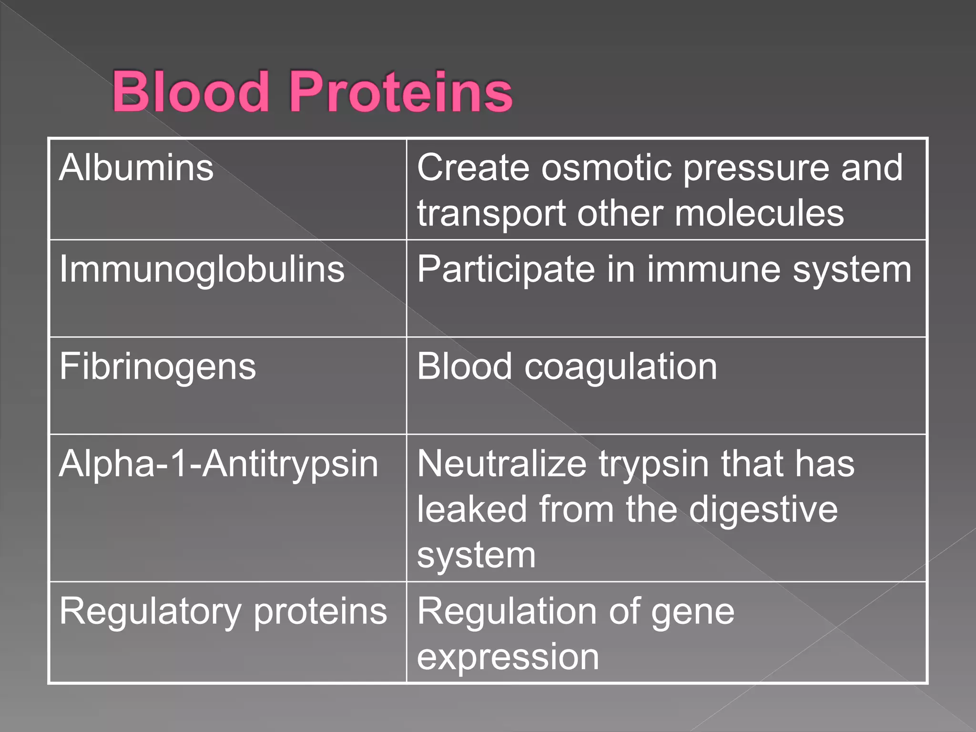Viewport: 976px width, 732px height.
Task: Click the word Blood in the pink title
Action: point(191,91)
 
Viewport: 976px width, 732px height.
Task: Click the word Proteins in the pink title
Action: point(401,91)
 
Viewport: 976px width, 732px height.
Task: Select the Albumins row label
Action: point(136,168)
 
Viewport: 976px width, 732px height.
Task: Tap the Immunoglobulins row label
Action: point(202,270)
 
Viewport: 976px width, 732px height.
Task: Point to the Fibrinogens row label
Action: point(158,367)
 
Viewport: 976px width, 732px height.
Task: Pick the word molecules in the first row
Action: point(759,213)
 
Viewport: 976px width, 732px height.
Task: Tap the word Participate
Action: point(506,270)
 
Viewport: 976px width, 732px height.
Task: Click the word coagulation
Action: point(620,367)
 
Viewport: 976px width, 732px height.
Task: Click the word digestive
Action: point(763,510)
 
